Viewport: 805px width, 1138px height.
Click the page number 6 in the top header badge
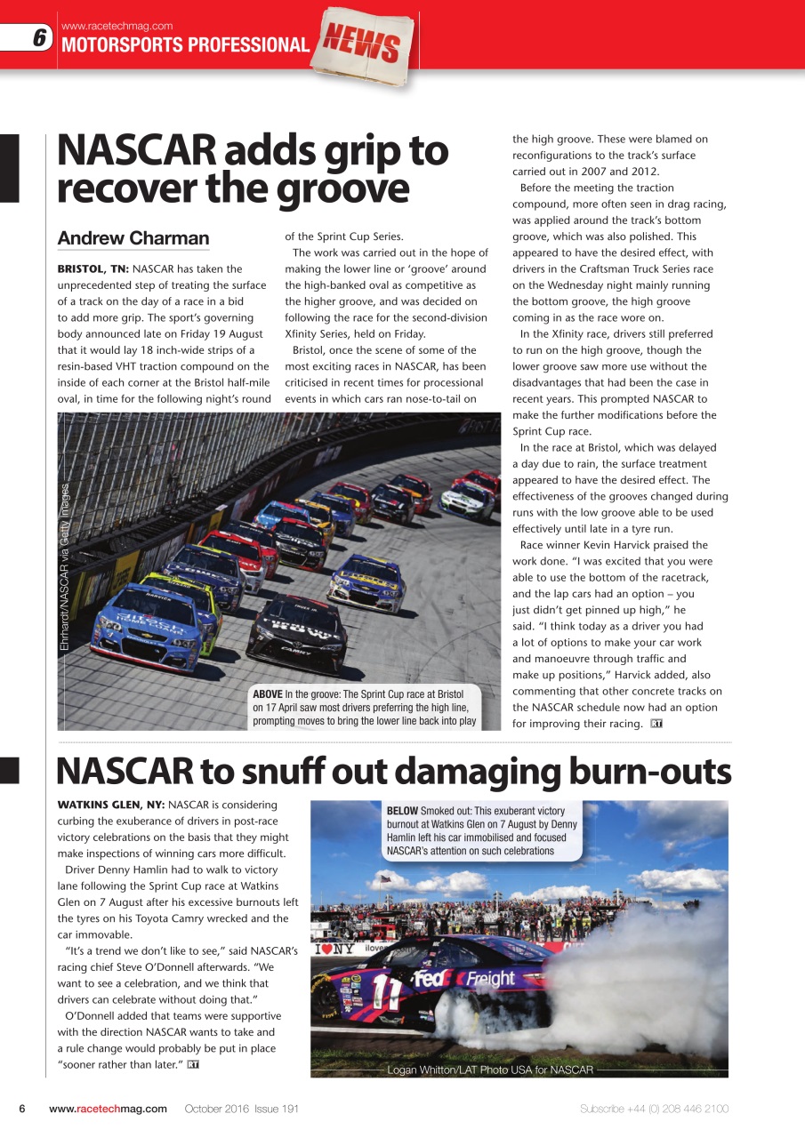(39, 37)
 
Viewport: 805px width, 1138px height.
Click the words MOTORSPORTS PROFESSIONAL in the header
(184, 45)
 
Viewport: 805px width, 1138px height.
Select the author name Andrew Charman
(133, 238)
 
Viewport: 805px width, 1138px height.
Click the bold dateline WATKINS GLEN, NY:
(110, 805)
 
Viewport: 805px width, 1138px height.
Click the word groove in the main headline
(342, 188)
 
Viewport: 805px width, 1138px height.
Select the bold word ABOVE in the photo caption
(268, 693)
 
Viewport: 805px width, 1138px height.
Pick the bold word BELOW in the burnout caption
(402, 811)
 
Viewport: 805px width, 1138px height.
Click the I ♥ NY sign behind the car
(334, 949)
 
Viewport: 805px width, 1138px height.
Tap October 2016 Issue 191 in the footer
(241, 1109)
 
